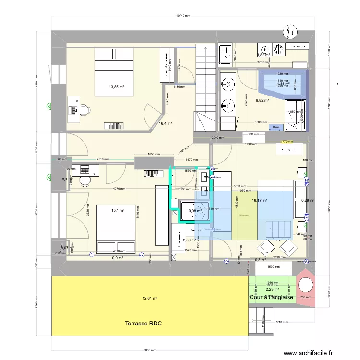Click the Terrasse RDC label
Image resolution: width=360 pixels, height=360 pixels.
[144, 324]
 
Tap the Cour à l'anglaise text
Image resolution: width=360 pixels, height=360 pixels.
[271, 297]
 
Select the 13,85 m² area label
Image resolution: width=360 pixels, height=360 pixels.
[117, 87]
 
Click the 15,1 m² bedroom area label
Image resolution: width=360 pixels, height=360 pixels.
[118, 210]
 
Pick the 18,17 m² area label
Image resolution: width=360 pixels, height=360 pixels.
[259, 201]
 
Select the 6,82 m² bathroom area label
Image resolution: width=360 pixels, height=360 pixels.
[262, 101]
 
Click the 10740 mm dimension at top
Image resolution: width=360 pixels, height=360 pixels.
[183, 16]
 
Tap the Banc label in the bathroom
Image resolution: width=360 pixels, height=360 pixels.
[276, 127]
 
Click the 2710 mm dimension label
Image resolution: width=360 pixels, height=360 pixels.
[281, 322]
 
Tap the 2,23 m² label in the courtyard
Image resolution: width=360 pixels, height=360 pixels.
[272, 289]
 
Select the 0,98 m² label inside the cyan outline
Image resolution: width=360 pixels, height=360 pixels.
[195, 211]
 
